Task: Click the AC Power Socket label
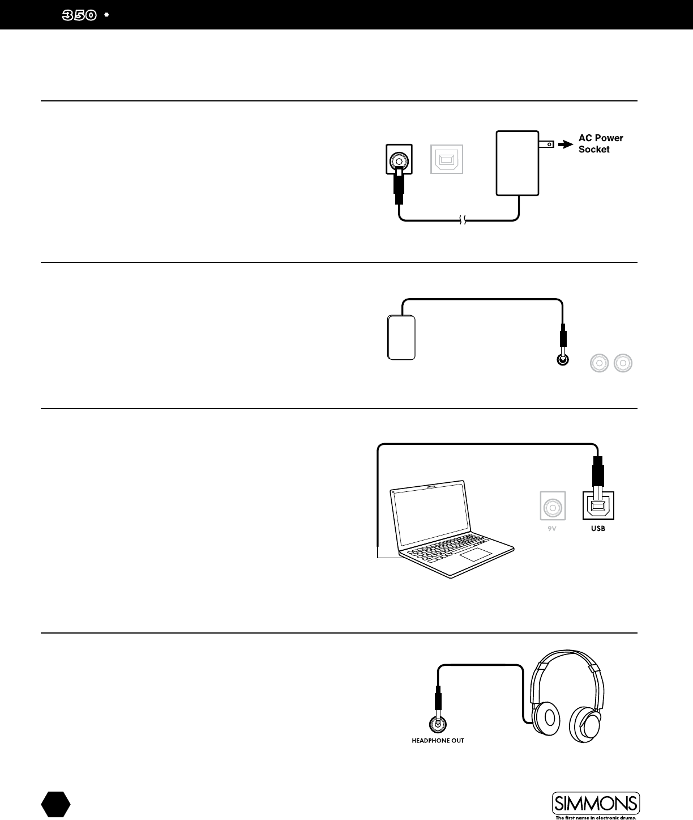click(x=600, y=144)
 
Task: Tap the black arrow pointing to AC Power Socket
click(x=565, y=145)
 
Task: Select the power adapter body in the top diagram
click(x=517, y=163)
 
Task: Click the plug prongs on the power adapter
click(x=546, y=145)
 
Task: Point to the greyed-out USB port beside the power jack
click(x=447, y=159)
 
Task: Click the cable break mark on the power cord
click(x=463, y=220)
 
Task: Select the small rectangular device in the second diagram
click(x=401, y=338)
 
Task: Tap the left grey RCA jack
click(x=599, y=363)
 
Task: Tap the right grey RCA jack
click(x=623, y=363)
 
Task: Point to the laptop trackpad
click(x=474, y=555)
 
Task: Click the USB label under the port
click(x=598, y=529)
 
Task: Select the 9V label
click(x=553, y=529)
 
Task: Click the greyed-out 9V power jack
click(x=553, y=505)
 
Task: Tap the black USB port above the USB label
click(x=598, y=505)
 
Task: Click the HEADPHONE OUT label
click(x=438, y=741)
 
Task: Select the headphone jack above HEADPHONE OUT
click(x=438, y=724)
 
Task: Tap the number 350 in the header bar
click(x=79, y=15)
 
